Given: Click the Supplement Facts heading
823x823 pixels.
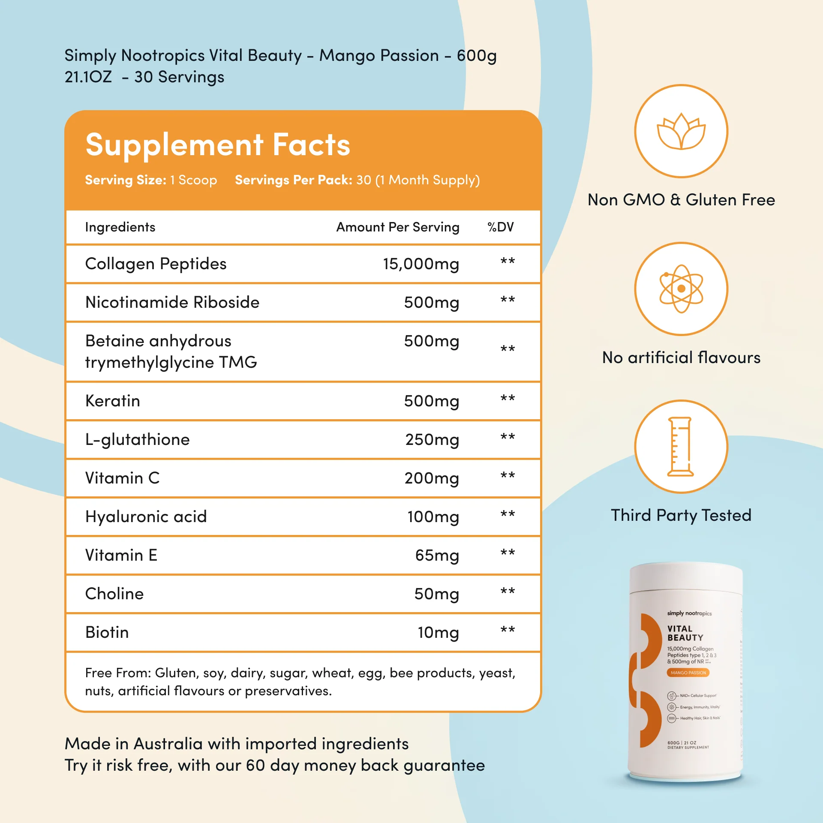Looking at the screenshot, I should [x=218, y=145].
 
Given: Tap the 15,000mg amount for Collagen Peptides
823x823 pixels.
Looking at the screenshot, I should [x=421, y=264].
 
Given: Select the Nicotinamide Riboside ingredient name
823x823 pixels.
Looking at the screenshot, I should [x=172, y=303].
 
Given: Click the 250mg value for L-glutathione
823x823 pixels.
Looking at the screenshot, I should [x=432, y=440].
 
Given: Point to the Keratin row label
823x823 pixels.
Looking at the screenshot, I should [x=113, y=401].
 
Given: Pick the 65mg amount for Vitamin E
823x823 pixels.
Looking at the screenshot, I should [x=437, y=556].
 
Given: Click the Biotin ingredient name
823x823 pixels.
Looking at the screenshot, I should [x=107, y=633].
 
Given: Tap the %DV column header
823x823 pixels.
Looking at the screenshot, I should [x=500, y=227].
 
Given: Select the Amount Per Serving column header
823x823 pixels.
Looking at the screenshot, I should [x=397, y=227].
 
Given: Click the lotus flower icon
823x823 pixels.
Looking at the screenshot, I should [x=681, y=131].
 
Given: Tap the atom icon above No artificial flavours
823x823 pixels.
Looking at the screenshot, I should [x=681, y=289].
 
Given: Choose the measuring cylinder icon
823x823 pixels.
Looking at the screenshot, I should [x=680, y=447].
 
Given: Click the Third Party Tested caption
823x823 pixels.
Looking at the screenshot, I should [x=681, y=515].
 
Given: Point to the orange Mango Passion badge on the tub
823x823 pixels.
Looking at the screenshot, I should [x=688, y=673].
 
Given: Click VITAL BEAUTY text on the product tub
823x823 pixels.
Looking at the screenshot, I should [x=685, y=633].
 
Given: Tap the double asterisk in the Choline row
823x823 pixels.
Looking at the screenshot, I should [x=508, y=592].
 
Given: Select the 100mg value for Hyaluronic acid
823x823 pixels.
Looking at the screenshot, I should [x=433, y=517].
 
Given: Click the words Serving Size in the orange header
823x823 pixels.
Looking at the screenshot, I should [x=125, y=180].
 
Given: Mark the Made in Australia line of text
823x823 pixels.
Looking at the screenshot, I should [x=237, y=744].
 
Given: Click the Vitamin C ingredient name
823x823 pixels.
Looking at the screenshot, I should [x=123, y=478].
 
